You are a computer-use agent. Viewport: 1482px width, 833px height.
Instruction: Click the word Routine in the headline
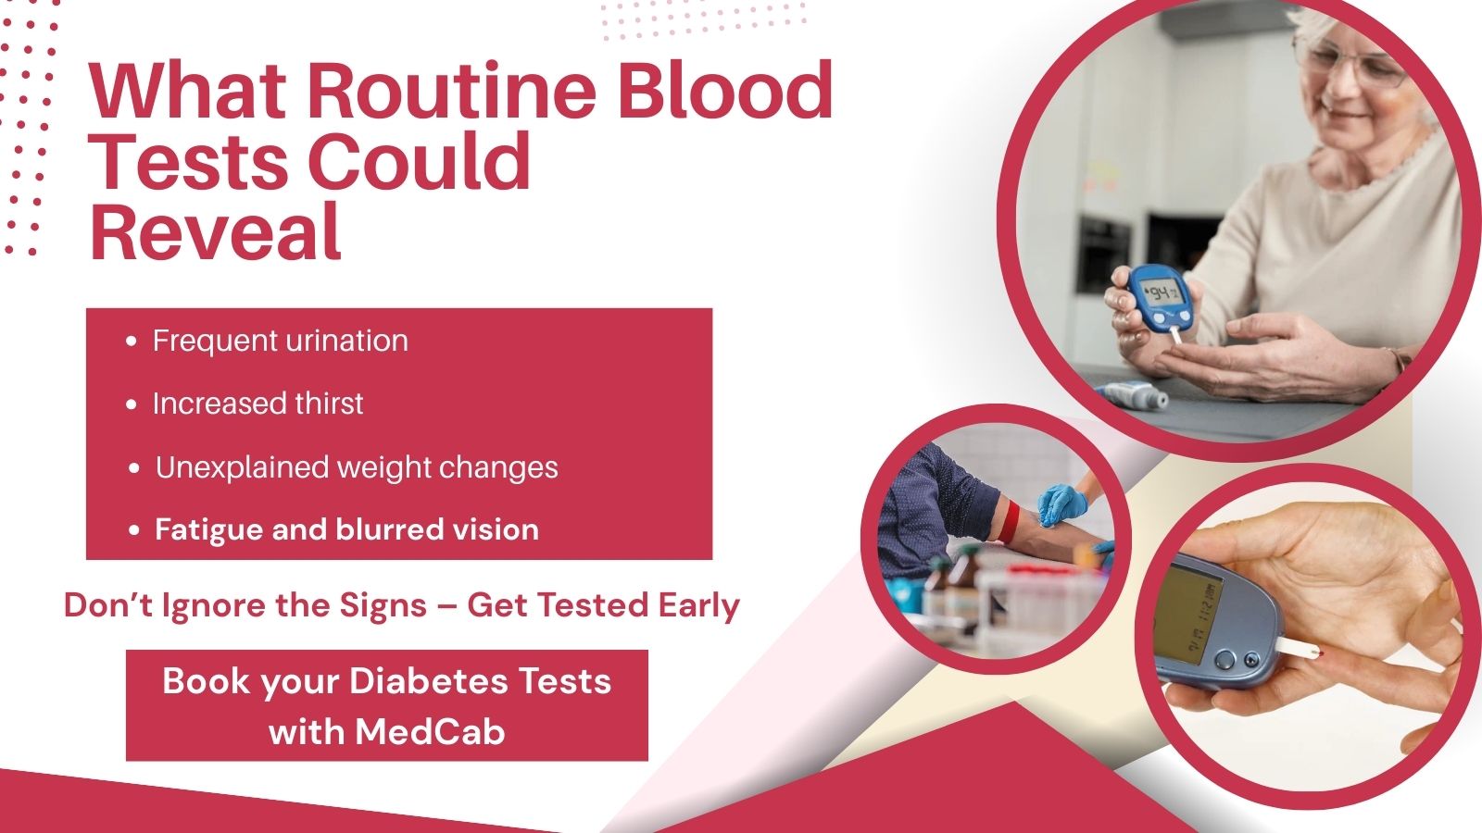451,91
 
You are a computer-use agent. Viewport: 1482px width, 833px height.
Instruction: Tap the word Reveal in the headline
215,232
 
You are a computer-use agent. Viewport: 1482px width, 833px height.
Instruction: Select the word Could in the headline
419,161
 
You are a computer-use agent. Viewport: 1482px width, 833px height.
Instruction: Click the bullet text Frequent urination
281,342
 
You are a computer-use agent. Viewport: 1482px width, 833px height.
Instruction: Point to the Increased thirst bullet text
258,404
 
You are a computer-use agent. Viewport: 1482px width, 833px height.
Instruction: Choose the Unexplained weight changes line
357,467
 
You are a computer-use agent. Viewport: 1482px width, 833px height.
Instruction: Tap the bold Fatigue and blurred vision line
346,529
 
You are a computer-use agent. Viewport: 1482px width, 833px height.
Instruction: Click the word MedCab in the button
430,732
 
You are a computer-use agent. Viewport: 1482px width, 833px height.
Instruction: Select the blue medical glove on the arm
1062,505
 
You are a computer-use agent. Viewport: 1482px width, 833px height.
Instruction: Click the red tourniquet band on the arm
1009,520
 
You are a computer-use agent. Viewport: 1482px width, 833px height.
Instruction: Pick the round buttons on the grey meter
1237,659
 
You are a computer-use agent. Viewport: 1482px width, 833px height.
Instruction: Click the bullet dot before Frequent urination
131,342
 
